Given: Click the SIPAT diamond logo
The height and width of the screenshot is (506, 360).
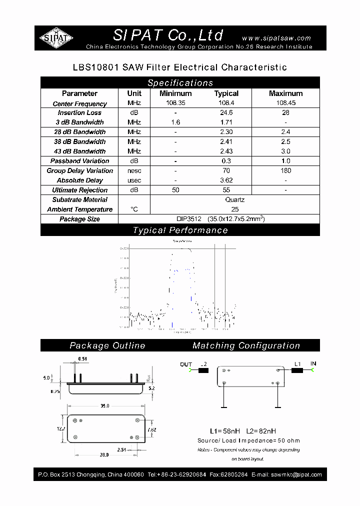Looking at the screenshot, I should tap(56, 38).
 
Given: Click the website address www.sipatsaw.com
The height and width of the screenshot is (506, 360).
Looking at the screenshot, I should tap(276, 38).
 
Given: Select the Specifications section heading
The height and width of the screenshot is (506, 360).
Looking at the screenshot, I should tap(180, 83).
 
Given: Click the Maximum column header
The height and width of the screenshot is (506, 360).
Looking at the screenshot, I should tap(285, 93).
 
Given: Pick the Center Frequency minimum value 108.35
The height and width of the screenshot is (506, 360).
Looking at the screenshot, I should tap(175, 103).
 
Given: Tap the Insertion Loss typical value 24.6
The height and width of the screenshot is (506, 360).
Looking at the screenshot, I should tap(226, 113).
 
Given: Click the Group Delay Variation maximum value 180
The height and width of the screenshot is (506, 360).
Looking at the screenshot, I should tap(285, 170).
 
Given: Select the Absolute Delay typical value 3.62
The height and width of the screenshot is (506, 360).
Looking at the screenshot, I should tap(226, 180).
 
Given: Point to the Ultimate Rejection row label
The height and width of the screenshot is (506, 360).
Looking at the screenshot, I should tap(79, 190).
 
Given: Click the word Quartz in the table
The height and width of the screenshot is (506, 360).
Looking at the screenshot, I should tap(234, 199).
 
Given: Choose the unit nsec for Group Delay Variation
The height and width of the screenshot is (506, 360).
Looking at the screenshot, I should tap(134, 170).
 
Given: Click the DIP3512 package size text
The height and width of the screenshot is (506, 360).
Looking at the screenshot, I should tap(188, 219).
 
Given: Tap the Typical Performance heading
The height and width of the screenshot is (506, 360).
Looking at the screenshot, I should tap(180, 230).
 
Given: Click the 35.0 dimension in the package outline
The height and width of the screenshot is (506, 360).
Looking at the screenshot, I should tap(104, 406).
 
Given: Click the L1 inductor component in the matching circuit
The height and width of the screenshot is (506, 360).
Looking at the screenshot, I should tap(297, 370).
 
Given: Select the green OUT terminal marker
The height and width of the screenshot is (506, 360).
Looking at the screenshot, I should tap(193, 370).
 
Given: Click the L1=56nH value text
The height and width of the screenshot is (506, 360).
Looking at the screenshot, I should tap(224, 431).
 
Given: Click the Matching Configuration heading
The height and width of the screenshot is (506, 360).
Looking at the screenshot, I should tap(246, 345).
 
